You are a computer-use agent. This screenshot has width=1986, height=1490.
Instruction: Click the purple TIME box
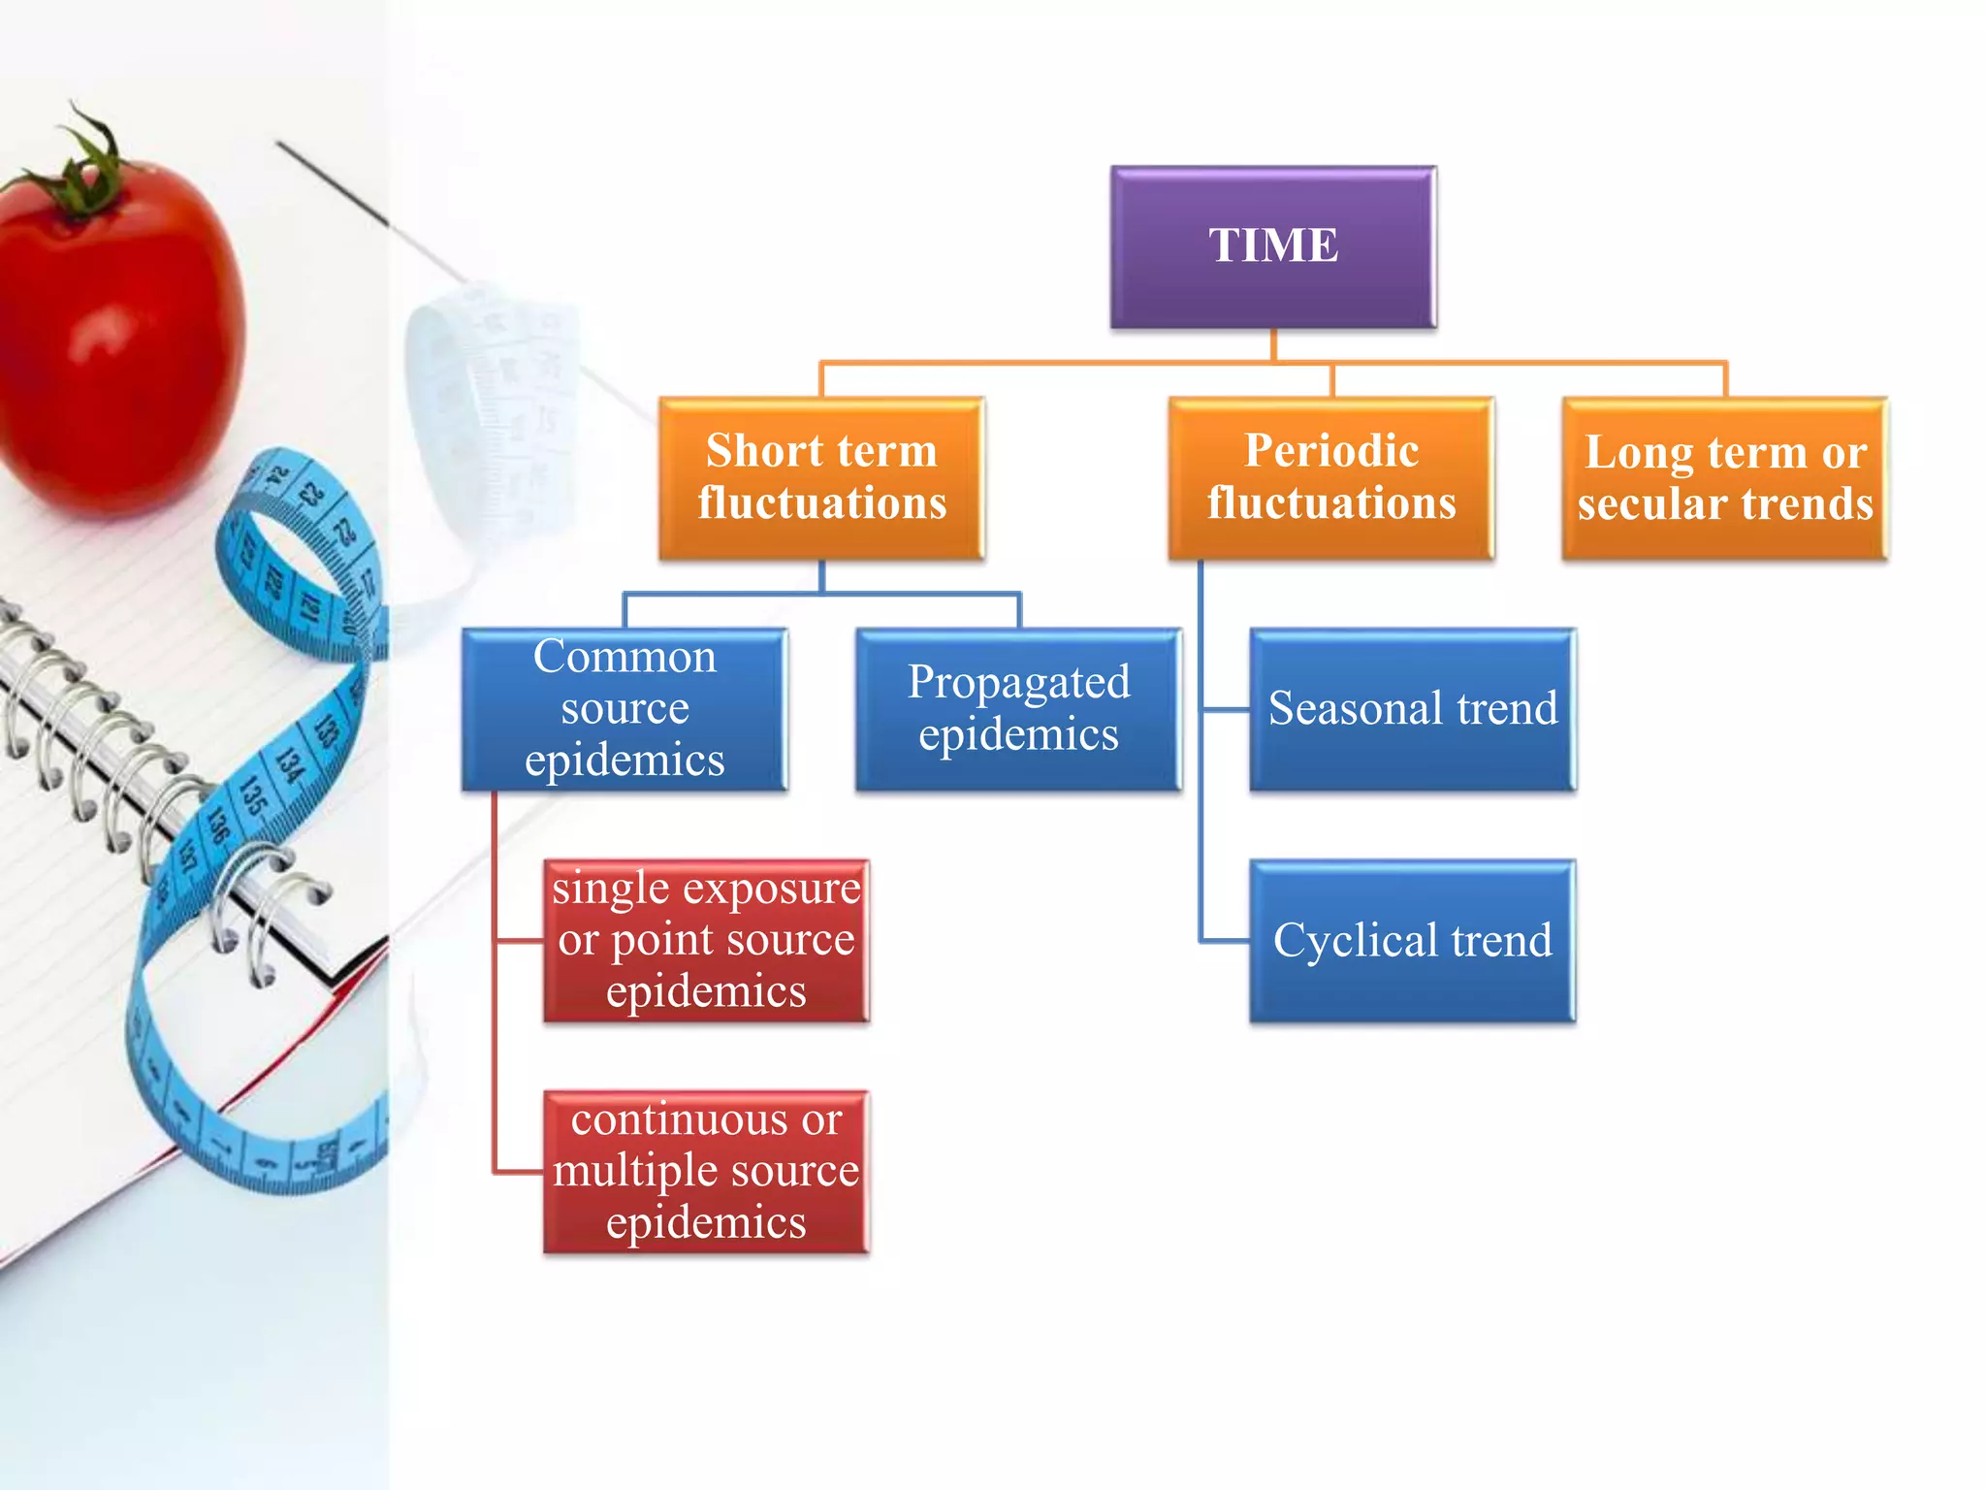(1272, 246)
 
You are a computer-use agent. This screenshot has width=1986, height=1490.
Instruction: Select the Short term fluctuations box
(821, 477)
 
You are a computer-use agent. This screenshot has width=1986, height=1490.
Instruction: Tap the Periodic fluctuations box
(1330, 477)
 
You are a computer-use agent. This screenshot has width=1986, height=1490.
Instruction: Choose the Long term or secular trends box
(1724, 477)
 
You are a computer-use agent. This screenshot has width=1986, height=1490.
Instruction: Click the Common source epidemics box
(625, 708)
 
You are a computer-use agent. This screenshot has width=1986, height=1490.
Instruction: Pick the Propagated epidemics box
(1018, 708)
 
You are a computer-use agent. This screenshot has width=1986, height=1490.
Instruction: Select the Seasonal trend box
(1412, 708)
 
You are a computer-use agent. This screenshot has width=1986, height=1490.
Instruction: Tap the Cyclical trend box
(1412, 940)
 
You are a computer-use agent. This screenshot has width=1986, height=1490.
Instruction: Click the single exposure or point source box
(706, 940)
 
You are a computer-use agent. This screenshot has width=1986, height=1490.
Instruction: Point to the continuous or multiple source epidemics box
(706, 1171)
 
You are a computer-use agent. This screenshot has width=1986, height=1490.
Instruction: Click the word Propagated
(1018, 682)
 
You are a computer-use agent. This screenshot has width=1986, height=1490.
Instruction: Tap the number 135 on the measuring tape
(254, 795)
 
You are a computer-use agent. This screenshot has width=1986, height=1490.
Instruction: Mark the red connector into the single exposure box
(519, 940)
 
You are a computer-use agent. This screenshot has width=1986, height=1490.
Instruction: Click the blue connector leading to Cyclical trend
(1224, 940)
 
